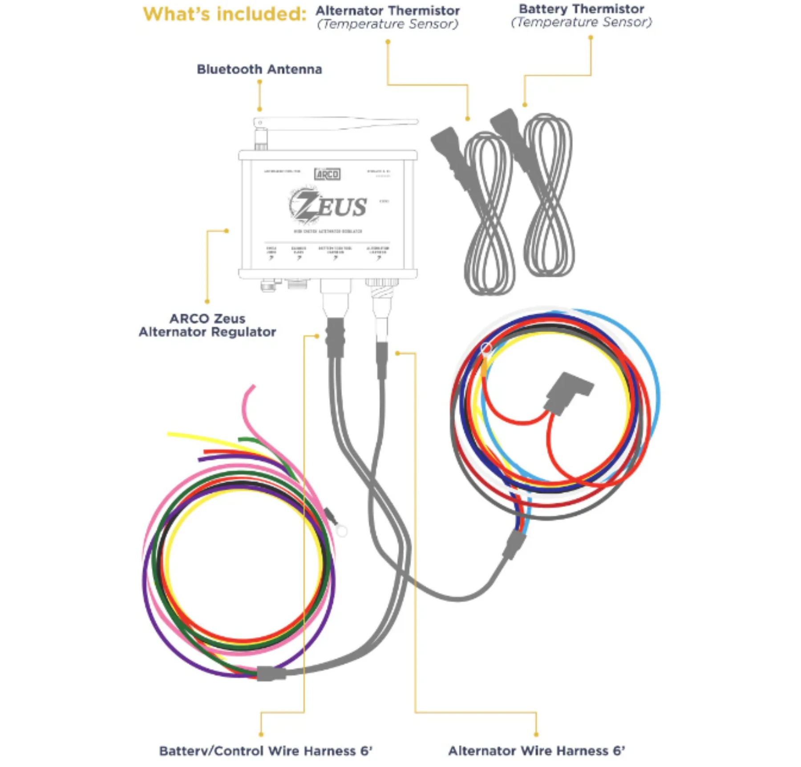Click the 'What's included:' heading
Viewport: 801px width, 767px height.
tap(224, 14)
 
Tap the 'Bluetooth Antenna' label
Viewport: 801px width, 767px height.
tap(259, 69)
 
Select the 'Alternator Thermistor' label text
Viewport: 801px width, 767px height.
tap(387, 11)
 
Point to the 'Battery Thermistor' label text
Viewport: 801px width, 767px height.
tap(581, 9)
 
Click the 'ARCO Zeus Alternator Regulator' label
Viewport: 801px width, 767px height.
tap(207, 325)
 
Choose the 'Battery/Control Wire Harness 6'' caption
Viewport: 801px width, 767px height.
tap(266, 751)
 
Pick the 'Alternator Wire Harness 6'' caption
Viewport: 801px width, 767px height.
tap(536, 751)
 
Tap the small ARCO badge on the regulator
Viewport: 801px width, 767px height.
tap(327, 174)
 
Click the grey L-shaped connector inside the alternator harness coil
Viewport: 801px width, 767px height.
tap(567, 391)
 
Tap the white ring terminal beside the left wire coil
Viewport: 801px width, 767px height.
tap(341, 530)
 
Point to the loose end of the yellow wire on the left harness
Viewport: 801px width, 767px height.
tap(169, 434)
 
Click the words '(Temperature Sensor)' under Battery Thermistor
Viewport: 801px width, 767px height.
tap(581, 22)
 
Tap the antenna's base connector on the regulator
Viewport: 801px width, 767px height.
tap(260, 139)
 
